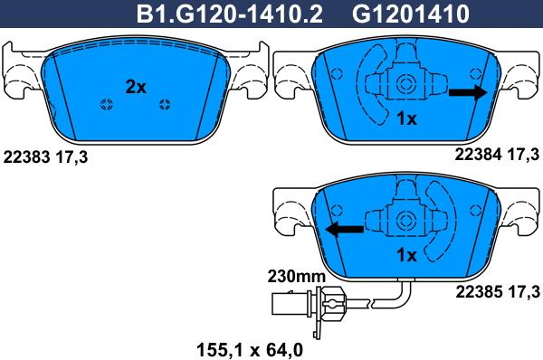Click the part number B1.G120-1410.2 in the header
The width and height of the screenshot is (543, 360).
[x=230, y=14]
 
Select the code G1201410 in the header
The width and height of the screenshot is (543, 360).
[x=411, y=14]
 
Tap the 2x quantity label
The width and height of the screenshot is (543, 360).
[x=136, y=87]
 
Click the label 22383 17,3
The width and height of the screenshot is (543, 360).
[x=45, y=157]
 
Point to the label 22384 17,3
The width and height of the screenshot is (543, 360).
[x=497, y=155]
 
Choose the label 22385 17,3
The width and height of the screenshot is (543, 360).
[x=498, y=292]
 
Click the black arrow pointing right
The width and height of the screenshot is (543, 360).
[x=468, y=92]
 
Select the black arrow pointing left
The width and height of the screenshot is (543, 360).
[x=345, y=229]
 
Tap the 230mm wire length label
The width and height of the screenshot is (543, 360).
[x=297, y=276]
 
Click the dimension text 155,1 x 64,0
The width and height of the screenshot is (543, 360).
[x=250, y=350]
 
